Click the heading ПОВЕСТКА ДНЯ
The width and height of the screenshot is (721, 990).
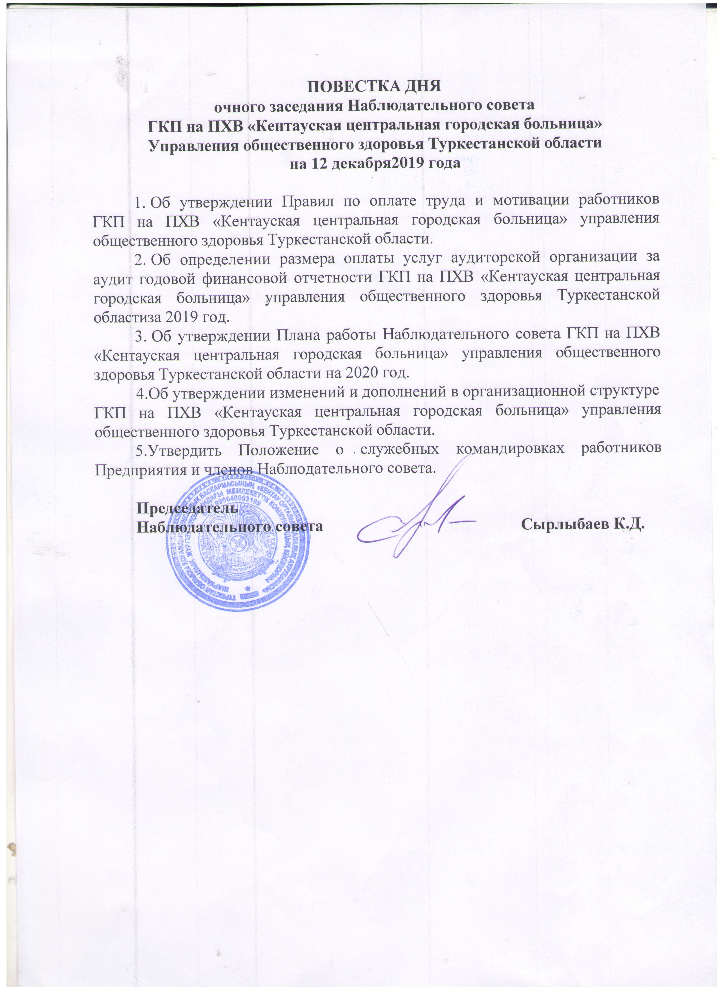[x=374, y=86]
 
